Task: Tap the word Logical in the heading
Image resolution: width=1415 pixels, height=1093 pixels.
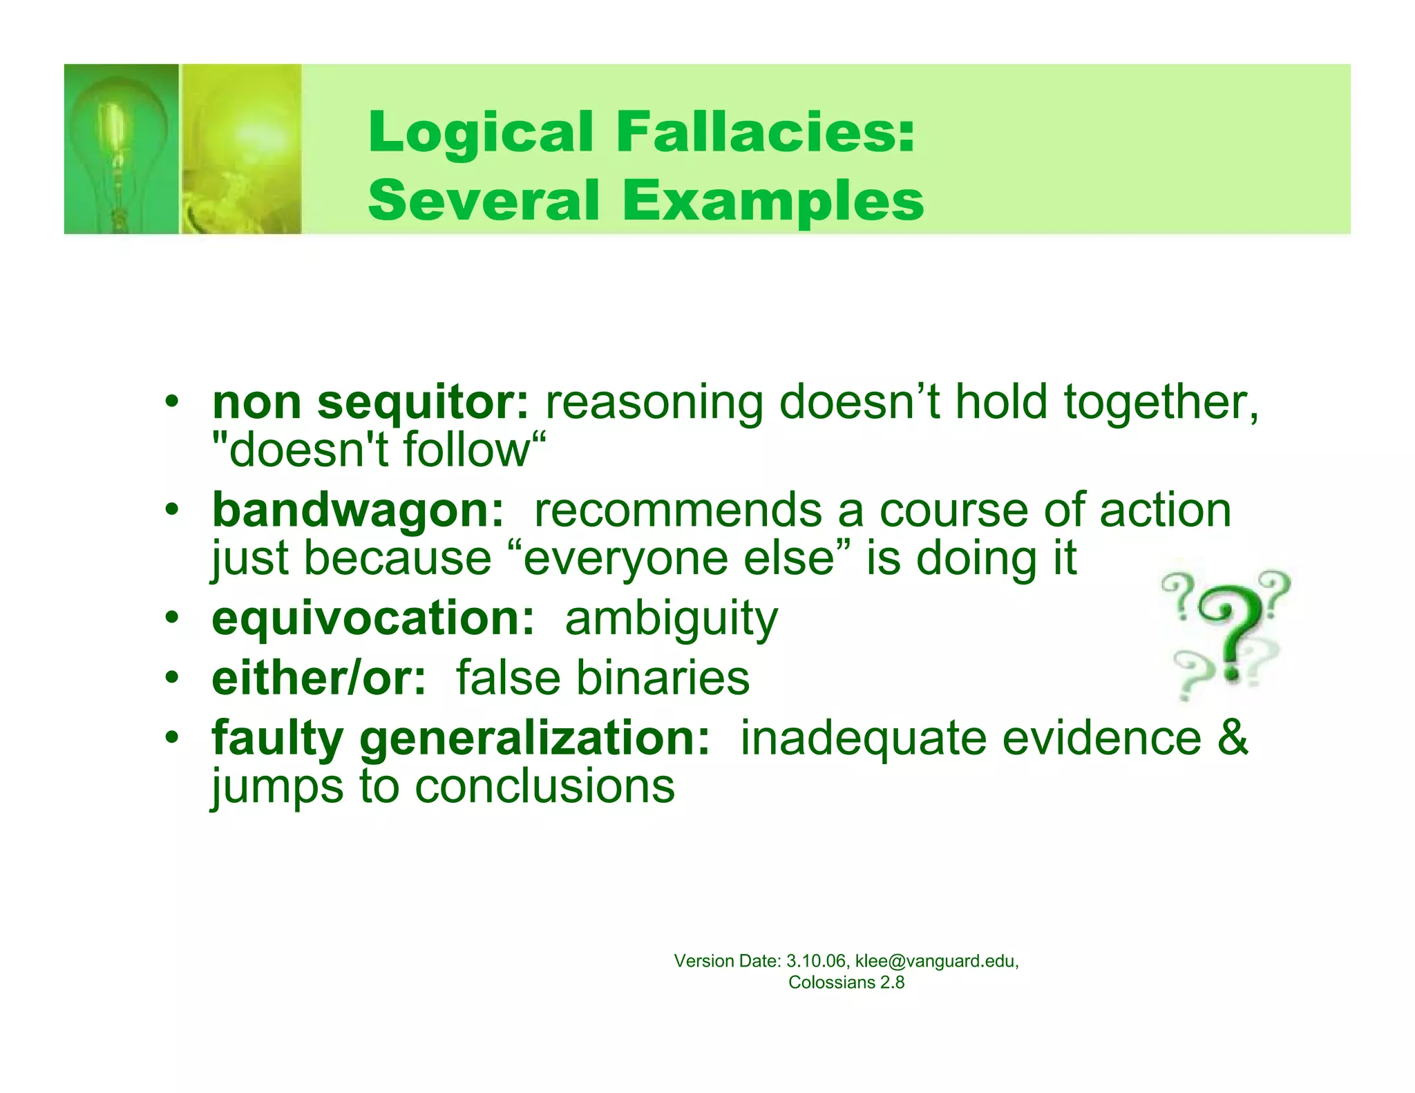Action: pos(481,133)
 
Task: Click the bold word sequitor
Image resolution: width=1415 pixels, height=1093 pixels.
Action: pos(423,402)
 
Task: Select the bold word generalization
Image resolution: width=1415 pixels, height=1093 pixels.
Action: pos(535,739)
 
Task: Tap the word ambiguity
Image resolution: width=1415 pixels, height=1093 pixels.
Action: pos(671,619)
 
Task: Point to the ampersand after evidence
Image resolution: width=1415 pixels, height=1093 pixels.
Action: pos(1233,737)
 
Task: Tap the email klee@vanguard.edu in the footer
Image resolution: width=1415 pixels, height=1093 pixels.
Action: pos(936,961)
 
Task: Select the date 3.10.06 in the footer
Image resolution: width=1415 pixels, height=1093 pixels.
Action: pos(815,961)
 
